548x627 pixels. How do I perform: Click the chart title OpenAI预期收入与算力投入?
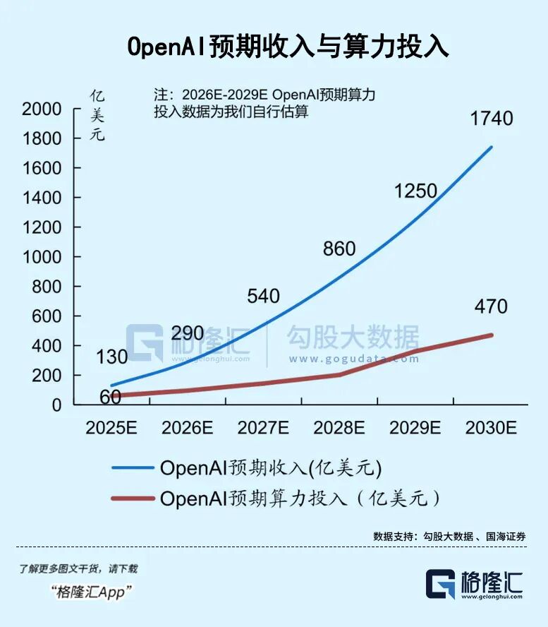coord(288,47)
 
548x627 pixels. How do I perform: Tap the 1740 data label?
coord(492,119)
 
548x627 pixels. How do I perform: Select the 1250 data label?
coord(415,191)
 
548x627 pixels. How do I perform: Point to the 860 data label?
coord(339,249)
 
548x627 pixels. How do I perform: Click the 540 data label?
coord(264,296)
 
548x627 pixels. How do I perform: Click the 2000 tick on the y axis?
coord(42,109)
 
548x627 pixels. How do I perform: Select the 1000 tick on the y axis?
coord(42,258)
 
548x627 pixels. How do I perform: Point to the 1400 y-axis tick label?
coord(42,198)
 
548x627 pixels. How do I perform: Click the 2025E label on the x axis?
coord(111,427)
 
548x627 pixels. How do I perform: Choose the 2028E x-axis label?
coord(339,427)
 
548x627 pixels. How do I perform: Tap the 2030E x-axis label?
coord(492,427)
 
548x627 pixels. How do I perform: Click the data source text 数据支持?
coord(449,537)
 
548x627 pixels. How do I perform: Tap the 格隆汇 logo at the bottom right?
coord(474,585)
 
